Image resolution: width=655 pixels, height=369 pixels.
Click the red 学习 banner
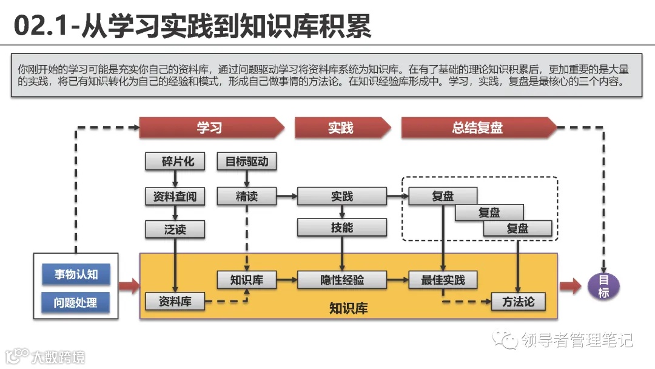tap(209, 128)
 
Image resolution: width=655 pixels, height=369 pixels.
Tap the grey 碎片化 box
tap(175, 161)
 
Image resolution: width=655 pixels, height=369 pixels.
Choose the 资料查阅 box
tap(175, 197)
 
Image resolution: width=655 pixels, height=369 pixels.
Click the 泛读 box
tap(175, 229)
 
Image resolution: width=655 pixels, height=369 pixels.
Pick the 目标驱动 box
tap(246, 161)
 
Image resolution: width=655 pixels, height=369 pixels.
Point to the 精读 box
tap(246, 197)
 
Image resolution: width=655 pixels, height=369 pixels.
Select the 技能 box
tap(342, 228)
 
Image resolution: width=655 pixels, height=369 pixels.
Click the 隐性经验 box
tap(342, 280)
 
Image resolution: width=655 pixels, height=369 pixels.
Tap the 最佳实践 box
tap(443, 280)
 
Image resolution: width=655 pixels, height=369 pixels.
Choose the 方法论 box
tap(518, 302)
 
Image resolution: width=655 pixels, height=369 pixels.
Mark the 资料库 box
tap(175, 301)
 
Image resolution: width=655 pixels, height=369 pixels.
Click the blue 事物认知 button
tap(76, 274)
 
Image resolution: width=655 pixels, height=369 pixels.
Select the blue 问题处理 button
tap(76, 302)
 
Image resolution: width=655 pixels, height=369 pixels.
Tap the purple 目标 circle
tap(603, 286)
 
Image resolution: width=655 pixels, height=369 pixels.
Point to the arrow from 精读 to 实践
tap(286, 197)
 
